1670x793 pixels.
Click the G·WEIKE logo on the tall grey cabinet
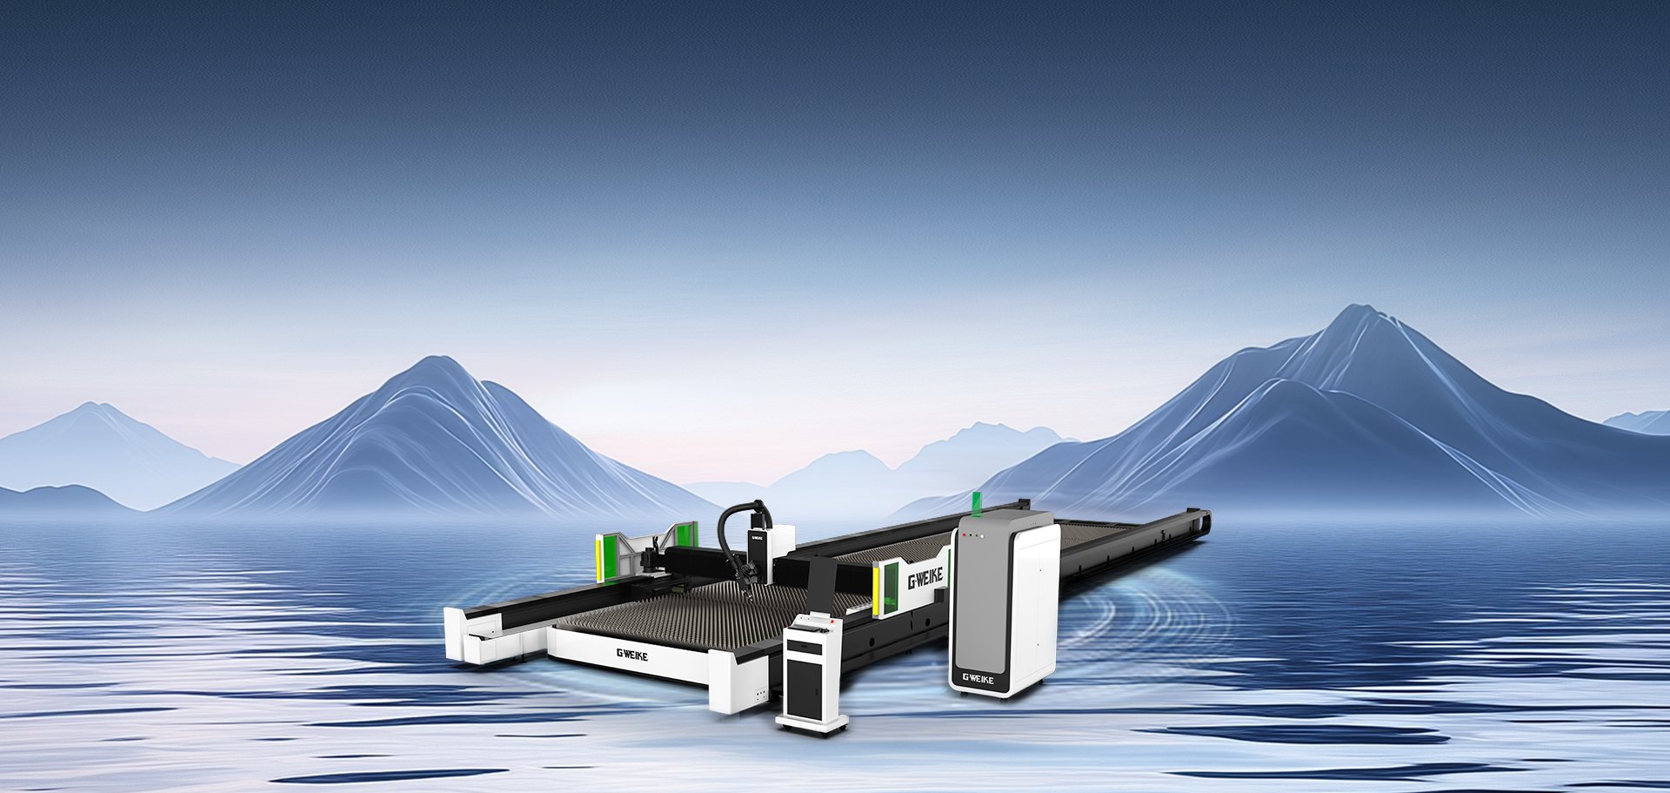979,677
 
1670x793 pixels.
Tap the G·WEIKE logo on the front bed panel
632,655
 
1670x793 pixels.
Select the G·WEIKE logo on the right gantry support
925,577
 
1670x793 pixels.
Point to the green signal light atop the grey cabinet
977,502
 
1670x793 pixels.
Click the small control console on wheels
812,672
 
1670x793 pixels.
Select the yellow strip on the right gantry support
877,587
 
